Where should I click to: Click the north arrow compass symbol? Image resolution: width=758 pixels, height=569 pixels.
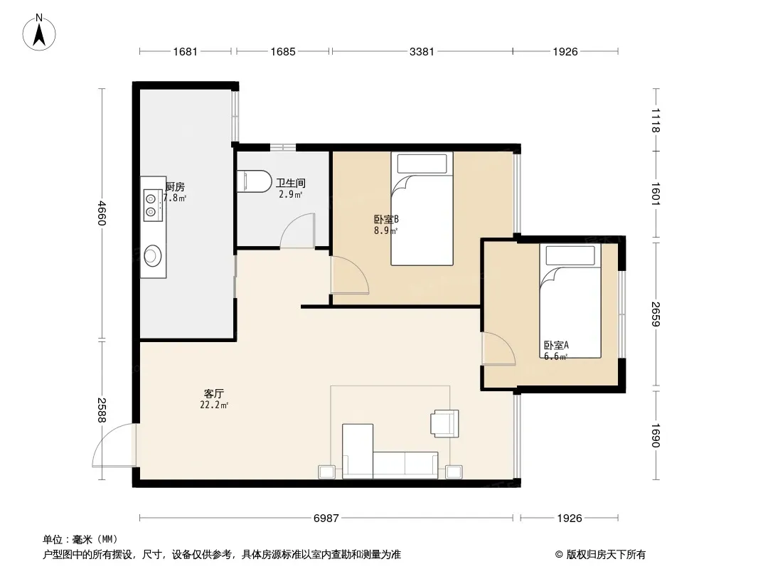[x=39, y=33]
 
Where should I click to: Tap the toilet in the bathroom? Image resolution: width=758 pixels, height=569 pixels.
[x=255, y=181]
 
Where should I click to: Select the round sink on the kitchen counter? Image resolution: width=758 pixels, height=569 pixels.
[x=153, y=255]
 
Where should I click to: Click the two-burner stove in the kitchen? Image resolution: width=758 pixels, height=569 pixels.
[x=152, y=205]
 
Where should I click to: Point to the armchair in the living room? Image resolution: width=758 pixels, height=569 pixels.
[x=444, y=423]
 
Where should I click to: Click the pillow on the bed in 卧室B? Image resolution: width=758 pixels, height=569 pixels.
[x=422, y=164]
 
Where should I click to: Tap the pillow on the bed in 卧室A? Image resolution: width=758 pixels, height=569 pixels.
[x=570, y=255]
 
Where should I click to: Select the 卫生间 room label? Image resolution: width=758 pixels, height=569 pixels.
[x=291, y=183]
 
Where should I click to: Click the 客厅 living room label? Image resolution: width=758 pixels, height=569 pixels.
[x=213, y=393]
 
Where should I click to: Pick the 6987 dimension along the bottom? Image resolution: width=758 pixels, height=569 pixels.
[x=326, y=519]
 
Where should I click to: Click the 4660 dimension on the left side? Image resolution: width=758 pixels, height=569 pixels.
[x=102, y=213]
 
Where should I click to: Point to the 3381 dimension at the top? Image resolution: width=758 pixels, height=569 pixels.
[x=422, y=51]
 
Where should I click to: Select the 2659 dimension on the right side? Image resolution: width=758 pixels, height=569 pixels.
[x=656, y=314]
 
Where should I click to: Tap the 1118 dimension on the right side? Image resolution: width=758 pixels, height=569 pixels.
[x=656, y=120]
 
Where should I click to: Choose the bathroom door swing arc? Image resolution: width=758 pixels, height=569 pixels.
[x=297, y=230]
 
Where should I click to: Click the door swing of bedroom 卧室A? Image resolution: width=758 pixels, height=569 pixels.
[x=498, y=349]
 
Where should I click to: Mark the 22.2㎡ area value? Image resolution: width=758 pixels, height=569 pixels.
[x=213, y=405]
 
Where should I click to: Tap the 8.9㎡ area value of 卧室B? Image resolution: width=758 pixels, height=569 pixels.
[x=385, y=230]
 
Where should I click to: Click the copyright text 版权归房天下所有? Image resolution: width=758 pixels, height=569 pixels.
[x=606, y=555]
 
